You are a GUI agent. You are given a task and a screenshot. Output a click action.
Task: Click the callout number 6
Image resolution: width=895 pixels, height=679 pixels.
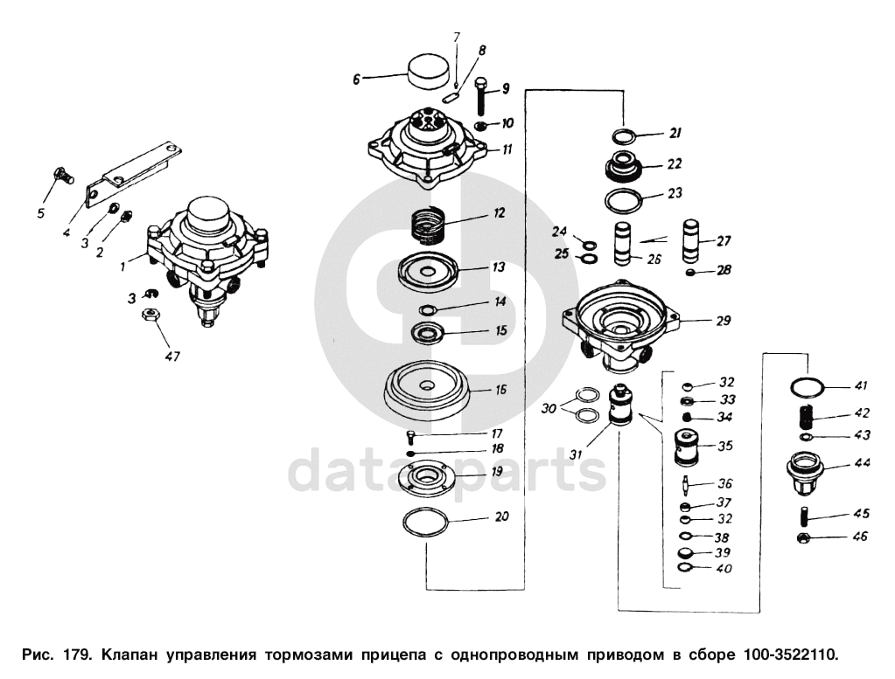(x=356, y=80)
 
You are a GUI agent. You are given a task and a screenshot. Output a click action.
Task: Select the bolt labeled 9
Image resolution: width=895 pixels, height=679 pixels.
(x=482, y=97)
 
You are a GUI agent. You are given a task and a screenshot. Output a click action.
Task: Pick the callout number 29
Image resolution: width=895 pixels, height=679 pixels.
(x=724, y=321)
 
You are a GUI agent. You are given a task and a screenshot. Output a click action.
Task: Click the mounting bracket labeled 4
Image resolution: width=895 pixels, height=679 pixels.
(x=131, y=170)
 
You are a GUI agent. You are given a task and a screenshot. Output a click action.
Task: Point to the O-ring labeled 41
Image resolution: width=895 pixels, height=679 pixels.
(x=806, y=386)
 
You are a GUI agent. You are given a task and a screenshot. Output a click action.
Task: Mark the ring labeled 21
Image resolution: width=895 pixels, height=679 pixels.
(x=625, y=137)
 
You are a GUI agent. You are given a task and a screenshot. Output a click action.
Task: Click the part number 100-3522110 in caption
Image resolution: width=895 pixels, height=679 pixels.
(x=790, y=654)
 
